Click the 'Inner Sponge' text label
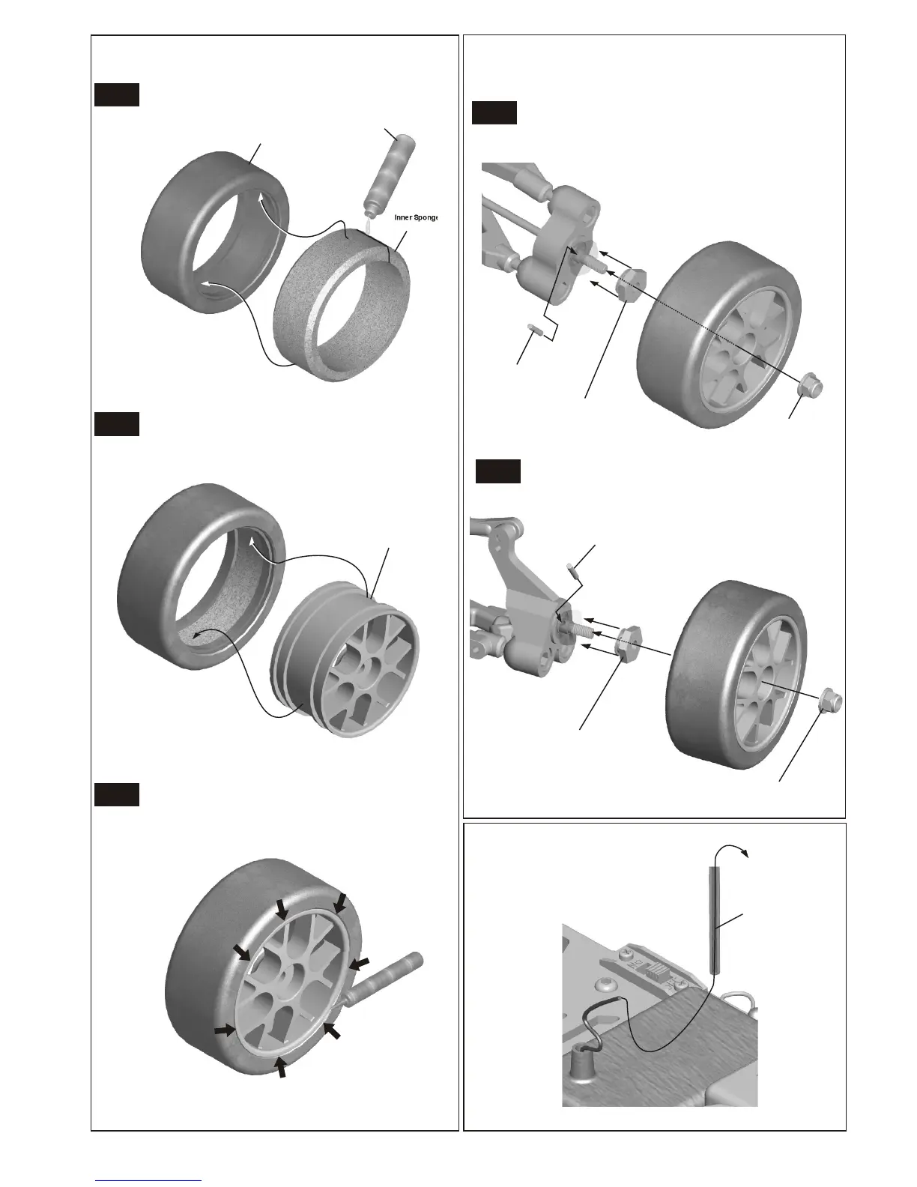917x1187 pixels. tap(415, 217)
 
